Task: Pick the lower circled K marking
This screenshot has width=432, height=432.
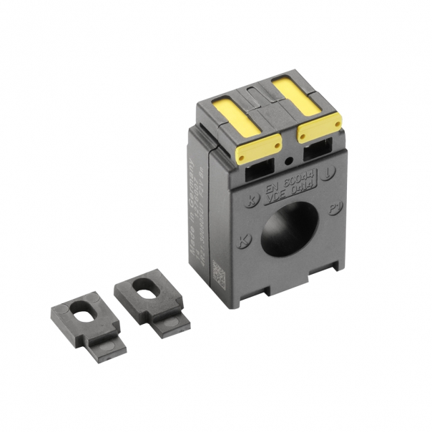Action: click(244, 241)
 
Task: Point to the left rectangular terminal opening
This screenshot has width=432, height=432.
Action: click(260, 170)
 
